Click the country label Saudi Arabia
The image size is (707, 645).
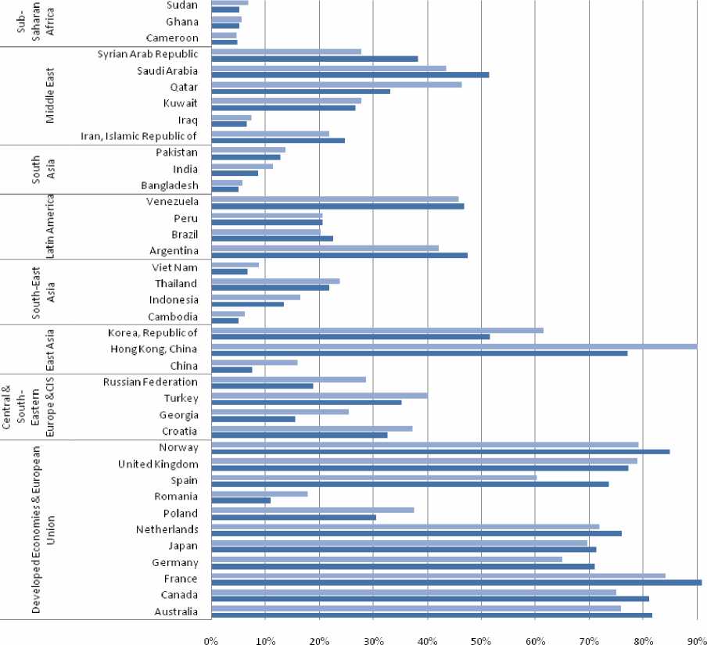pyautogui.click(x=166, y=70)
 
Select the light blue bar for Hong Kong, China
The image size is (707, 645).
pyautogui.click(x=454, y=346)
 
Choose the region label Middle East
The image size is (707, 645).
pyautogui.click(x=49, y=95)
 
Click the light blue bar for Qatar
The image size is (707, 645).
pyautogui.click(x=336, y=84)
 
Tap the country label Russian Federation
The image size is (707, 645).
pyautogui.click(x=150, y=382)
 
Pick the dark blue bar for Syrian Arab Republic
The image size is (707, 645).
pyautogui.click(x=314, y=59)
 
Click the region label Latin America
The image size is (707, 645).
pyautogui.click(x=49, y=227)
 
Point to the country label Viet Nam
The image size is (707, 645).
pyautogui.click(x=176, y=267)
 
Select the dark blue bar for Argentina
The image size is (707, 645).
pyautogui.click(x=339, y=256)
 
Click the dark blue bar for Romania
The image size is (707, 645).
pyautogui.click(x=241, y=500)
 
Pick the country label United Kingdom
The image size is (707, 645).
pyautogui.click(x=157, y=464)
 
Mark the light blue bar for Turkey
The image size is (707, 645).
pyautogui.click(x=319, y=396)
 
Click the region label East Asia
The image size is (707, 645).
pyautogui.click(x=49, y=349)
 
